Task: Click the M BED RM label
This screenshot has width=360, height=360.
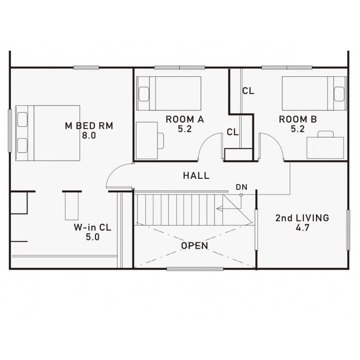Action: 89,126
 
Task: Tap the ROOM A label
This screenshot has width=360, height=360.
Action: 185,119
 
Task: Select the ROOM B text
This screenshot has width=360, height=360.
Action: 298,119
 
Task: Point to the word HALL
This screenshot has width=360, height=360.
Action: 196,176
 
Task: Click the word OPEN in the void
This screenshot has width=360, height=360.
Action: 194,246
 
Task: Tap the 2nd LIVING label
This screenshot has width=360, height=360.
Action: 302,218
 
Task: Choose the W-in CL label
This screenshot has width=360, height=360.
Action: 92,227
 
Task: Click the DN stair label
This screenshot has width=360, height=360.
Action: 241,187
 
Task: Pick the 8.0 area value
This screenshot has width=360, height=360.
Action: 89,136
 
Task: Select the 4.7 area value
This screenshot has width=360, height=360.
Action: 302,228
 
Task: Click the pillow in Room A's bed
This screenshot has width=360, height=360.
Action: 143,94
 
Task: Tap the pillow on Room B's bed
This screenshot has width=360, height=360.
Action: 339,94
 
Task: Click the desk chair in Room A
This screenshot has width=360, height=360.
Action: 160,141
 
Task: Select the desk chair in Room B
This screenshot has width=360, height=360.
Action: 325,134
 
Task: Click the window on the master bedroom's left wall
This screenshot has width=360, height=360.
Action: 10,131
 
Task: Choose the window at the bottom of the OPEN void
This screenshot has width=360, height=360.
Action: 195,269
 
